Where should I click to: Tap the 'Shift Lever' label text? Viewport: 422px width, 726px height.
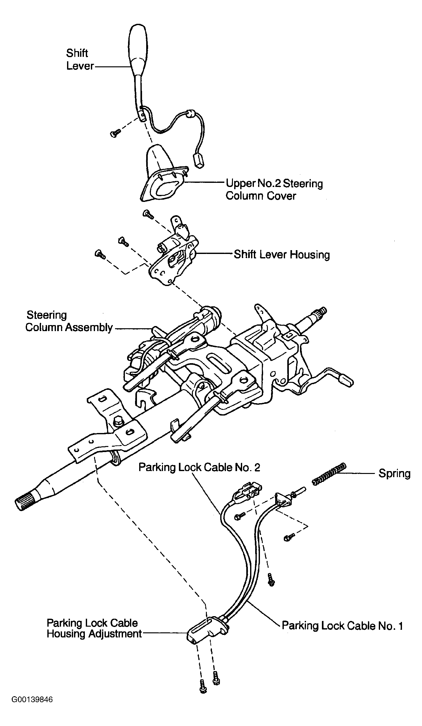pos(79,59)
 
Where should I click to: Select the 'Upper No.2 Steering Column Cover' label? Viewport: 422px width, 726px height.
pos(274,189)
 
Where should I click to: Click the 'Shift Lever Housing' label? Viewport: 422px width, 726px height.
pos(282,255)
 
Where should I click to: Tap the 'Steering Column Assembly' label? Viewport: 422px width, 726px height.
pos(69,321)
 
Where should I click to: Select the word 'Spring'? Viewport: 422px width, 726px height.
pos(394,474)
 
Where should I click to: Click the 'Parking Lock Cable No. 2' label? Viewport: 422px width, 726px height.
pos(199,467)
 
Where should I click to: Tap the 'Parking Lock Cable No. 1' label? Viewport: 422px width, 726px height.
pos(343,626)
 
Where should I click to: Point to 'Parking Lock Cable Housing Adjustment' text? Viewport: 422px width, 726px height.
pos(94,628)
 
